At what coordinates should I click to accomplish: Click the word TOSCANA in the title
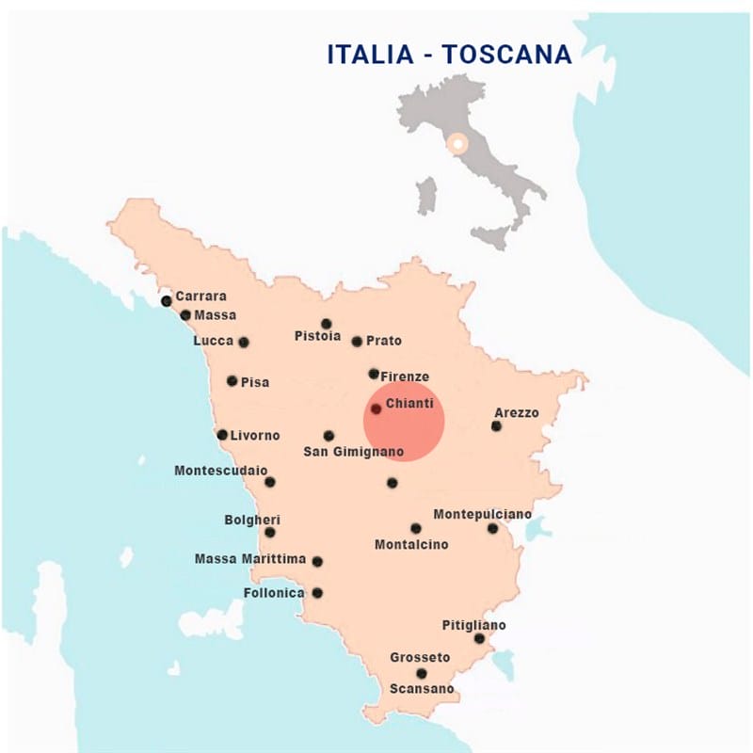(x=507, y=55)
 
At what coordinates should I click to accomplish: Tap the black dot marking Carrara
(x=167, y=301)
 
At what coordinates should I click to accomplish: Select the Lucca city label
(x=213, y=341)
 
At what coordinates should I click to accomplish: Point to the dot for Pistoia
(x=327, y=324)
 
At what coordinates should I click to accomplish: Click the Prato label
(x=384, y=341)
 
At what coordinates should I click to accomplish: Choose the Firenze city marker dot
(x=374, y=374)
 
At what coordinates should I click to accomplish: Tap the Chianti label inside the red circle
(x=409, y=403)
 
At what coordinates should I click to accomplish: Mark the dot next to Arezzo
(x=496, y=426)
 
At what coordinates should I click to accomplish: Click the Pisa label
(x=255, y=382)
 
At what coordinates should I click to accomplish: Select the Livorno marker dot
(x=222, y=435)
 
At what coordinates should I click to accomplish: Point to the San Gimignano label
(x=354, y=453)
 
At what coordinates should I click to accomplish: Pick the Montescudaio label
(x=221, y=470)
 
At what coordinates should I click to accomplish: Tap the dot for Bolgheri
(x=270, y=532)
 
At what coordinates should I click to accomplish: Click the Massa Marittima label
(x=250, y=559)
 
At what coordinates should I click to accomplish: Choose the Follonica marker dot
(x=317, y=593)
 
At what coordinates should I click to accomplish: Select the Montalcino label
(x=411, y=544)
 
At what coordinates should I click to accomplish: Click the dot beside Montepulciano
(x=492, y=528)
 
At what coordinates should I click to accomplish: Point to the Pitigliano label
(x=473, y=625)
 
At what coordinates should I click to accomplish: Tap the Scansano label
(x=422, y=689)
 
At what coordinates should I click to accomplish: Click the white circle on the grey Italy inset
(x=457, y=144)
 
